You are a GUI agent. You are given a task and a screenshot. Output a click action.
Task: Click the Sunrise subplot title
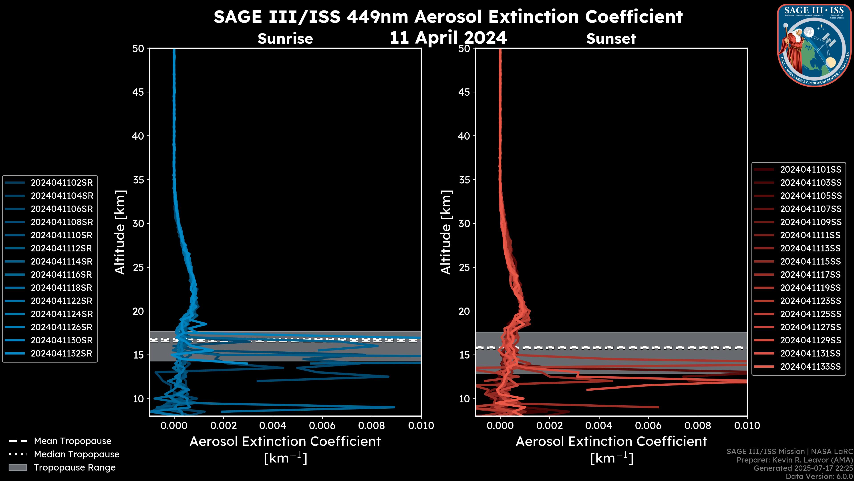(285, 39)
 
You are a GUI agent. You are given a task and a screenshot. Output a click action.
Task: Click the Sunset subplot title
(611, 39)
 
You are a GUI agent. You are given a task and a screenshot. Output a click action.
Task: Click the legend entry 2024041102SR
(62, 183)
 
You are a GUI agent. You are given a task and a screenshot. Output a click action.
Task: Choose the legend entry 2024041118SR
(62, 288)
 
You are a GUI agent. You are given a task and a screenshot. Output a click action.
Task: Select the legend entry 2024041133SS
(811, 367)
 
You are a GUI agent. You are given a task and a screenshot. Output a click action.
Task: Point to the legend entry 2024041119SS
(811, 288)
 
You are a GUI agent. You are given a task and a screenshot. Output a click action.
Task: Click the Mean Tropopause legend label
(73, 441)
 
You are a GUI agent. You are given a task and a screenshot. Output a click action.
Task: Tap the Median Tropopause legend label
(77, 454)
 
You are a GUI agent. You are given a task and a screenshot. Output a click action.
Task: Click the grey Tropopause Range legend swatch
(18, 467)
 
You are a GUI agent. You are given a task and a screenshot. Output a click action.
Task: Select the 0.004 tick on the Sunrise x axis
(273, 426)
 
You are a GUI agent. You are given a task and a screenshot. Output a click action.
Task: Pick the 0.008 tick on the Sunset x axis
(698, 426)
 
